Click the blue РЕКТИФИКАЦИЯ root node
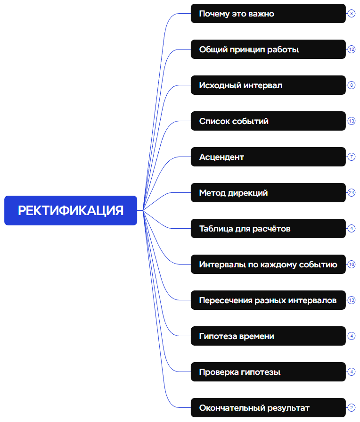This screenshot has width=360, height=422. coord(71,210)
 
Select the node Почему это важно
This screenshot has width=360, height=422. coord(268,14)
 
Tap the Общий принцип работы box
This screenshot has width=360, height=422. coord(268,50)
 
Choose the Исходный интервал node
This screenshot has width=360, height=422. coord(268,85)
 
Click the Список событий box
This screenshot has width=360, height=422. coord(268,121)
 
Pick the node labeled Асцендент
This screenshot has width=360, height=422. coord(268,157)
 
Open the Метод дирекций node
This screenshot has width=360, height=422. coord(268,193)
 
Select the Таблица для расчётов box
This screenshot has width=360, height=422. coord(268,229)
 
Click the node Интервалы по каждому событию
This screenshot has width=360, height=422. coord(268,265)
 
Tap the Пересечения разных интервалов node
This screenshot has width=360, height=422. coord(268,300)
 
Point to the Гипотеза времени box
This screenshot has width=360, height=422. coord(268,336)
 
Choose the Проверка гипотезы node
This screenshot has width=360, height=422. coord(268,372)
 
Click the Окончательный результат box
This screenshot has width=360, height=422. coord(268,408)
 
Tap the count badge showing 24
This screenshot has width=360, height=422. coord(352,193)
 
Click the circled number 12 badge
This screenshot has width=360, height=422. coord(352,50)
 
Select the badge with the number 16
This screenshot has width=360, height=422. coord(352,265)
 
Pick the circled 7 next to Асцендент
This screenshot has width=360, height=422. coord(352,157)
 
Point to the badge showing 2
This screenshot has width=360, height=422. coord(352,408)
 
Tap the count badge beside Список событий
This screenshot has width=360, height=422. coord(352,121)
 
